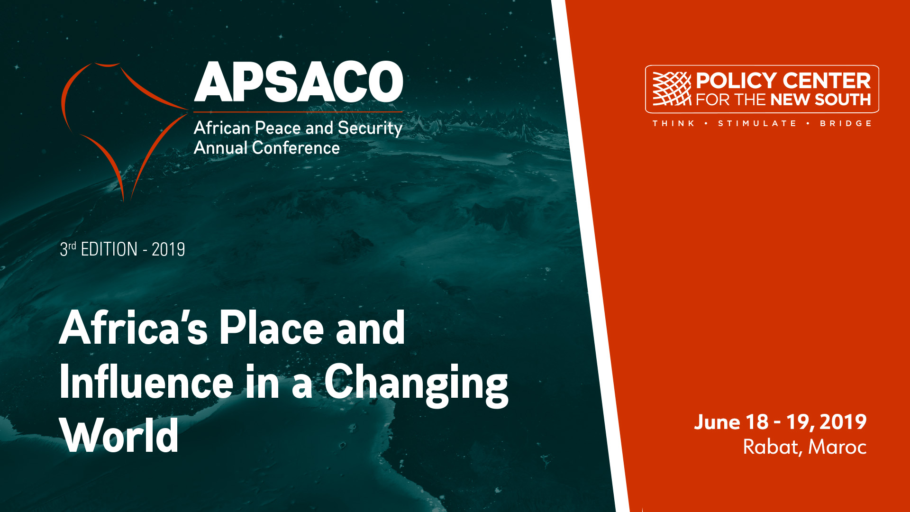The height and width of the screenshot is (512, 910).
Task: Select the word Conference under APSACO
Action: (x=296, y=148)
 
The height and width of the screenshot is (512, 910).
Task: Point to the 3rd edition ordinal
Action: (x=68, y=249)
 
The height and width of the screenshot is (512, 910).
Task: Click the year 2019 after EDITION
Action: (x=168, y=249)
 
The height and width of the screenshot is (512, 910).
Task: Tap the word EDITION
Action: (x=109, y=249)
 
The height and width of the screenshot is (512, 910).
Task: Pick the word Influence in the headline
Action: (x=146, y=382)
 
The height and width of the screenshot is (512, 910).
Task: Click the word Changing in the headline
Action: (x=416, y=385)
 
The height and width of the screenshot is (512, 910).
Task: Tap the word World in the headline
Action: (x=119, y=436)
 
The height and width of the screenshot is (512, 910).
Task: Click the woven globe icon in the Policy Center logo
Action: (x=672, y=89)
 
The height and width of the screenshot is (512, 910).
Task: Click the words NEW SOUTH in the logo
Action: (x=821, y=100)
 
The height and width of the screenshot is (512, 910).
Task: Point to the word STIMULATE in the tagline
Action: (x=757, y=123)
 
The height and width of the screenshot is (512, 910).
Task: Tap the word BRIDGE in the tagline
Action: (x=846, y=123)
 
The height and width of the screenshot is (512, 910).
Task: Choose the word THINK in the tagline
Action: (x=673, y=123)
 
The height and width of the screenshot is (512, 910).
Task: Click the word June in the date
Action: (x=718, y=422)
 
